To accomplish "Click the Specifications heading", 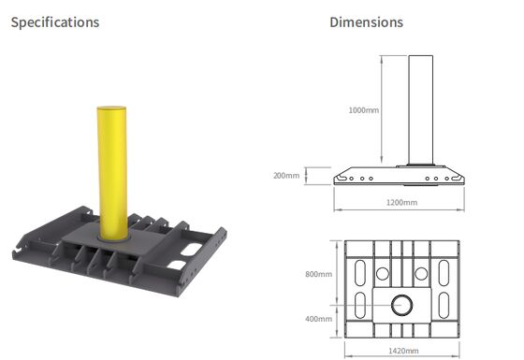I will (54, 22).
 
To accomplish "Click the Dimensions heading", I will (367, 22).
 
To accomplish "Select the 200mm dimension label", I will (286, 175).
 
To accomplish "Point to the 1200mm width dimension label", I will (401, 202).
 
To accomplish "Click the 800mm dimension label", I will (319, 274).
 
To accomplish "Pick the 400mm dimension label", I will (319, 319).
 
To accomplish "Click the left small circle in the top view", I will (382, 274).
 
